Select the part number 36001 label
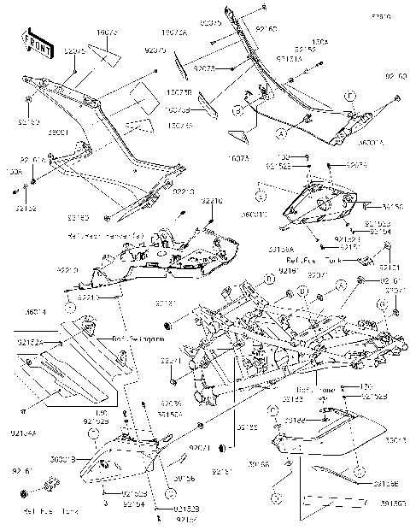(x=35, y=133)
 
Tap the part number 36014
(x=35, y=314)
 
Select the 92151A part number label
(x=288, y=58)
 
